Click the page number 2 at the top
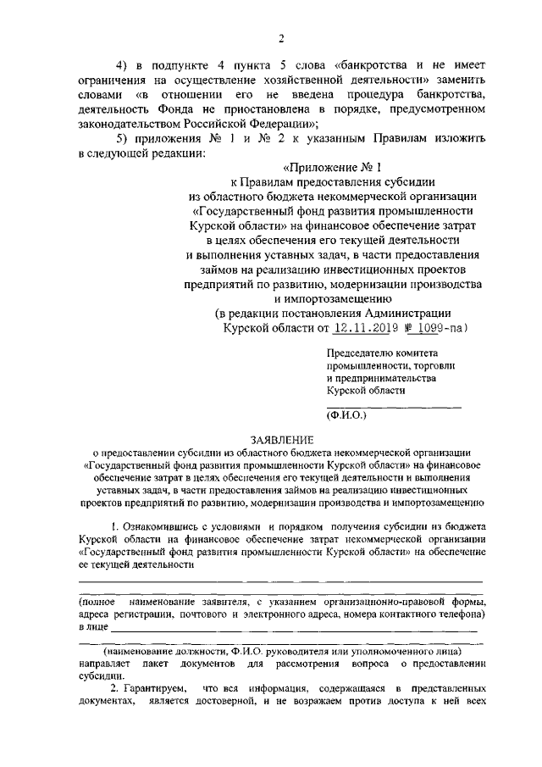pos(280,36)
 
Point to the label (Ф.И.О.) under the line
pos(345,415)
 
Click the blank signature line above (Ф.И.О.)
pos(394,408)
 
